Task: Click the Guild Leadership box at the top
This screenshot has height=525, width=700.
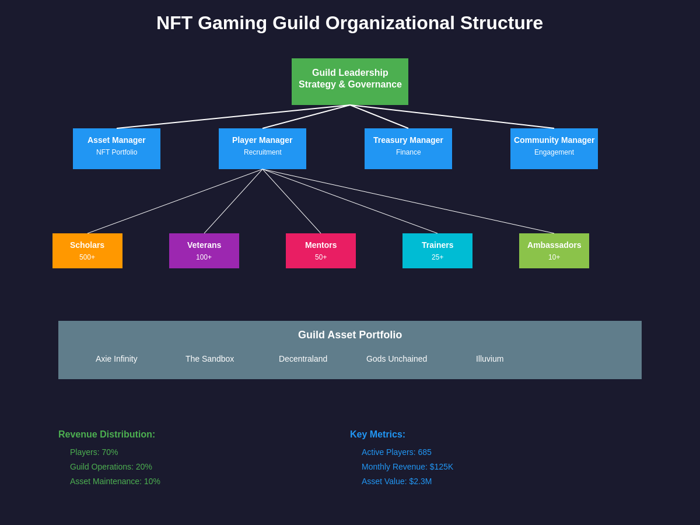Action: point(350,82)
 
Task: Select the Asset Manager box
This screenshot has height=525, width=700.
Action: point(117,149)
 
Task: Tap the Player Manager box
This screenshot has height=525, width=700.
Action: point(262,149)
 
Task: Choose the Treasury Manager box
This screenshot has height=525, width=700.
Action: point(408,149)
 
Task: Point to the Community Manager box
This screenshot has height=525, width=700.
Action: point(554,149)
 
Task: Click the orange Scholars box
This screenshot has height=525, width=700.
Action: point(87,251)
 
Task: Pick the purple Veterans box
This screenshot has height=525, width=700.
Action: point(204,251)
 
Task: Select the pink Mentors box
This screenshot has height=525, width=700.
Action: point(321,251)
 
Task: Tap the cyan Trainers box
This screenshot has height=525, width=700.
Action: point(437,251)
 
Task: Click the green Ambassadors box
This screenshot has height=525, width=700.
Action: point(554,251)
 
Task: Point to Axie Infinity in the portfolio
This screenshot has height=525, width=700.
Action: point(117,359)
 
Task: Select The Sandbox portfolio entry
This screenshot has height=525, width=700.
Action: point(209,359)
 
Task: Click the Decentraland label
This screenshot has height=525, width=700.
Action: point(303,359)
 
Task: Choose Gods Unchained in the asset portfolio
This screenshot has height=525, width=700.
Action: point(397,359)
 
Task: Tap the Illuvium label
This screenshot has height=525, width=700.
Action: point(489,359)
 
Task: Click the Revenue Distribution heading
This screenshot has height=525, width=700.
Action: point(107,435)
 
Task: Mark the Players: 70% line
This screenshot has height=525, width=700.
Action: point(94,452)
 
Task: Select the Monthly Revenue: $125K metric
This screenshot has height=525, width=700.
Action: point(407,467)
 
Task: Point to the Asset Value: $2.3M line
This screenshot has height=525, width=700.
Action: point(397,481)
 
